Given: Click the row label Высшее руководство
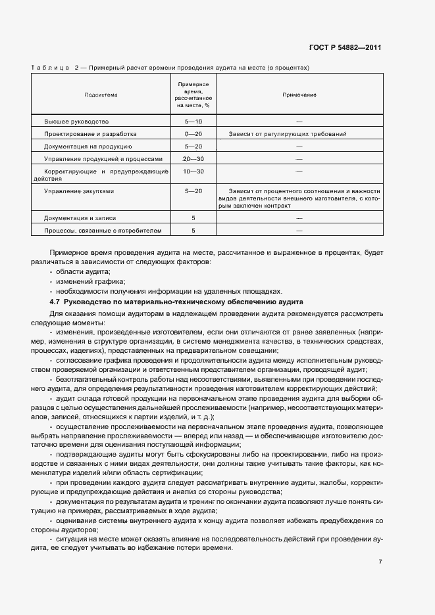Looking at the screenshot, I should [76, 122].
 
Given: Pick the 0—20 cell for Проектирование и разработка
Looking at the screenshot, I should [193, 134].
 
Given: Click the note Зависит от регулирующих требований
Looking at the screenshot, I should [288, 134].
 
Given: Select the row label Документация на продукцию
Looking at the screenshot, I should [88, 147].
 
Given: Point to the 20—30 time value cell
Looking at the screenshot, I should [193, 159].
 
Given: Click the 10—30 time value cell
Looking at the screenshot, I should [193, 171].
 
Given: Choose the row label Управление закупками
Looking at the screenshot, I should [79, 191].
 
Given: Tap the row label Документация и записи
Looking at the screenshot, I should [81, 217].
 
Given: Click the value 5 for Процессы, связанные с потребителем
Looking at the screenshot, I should [193, 230].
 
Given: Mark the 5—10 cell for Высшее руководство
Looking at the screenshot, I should [193, 122].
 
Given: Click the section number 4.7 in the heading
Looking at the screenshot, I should [55, 302].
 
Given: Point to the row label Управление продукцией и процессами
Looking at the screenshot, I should [102, 159].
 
